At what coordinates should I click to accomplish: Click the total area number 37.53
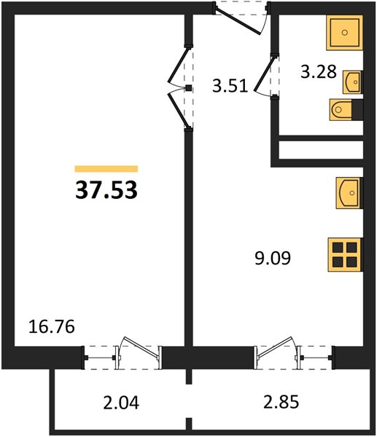coord(106,190)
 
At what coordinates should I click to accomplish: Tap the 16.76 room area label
coord(52,326)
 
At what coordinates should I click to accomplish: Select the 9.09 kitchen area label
coord(273,258)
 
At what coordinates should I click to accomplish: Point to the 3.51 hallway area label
coord(230,85)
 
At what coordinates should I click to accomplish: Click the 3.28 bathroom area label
coord(319,71)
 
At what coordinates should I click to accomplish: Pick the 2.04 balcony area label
coord(121,403)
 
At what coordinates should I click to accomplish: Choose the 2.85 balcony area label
coord(281,402)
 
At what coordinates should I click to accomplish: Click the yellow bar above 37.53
coord(106,169)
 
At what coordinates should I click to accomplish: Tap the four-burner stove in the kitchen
coord(345,255)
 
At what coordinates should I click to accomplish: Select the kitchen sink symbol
coord(349,193)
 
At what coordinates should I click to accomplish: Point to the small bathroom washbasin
coord(353,82)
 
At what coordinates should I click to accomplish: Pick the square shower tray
coord(345,33)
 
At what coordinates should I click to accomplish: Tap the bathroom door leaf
coord(264,74)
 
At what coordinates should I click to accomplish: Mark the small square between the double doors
coord(189,88)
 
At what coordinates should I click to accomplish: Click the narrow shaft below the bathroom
coord(321,150)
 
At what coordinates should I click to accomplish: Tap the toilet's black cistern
coord(357,110)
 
